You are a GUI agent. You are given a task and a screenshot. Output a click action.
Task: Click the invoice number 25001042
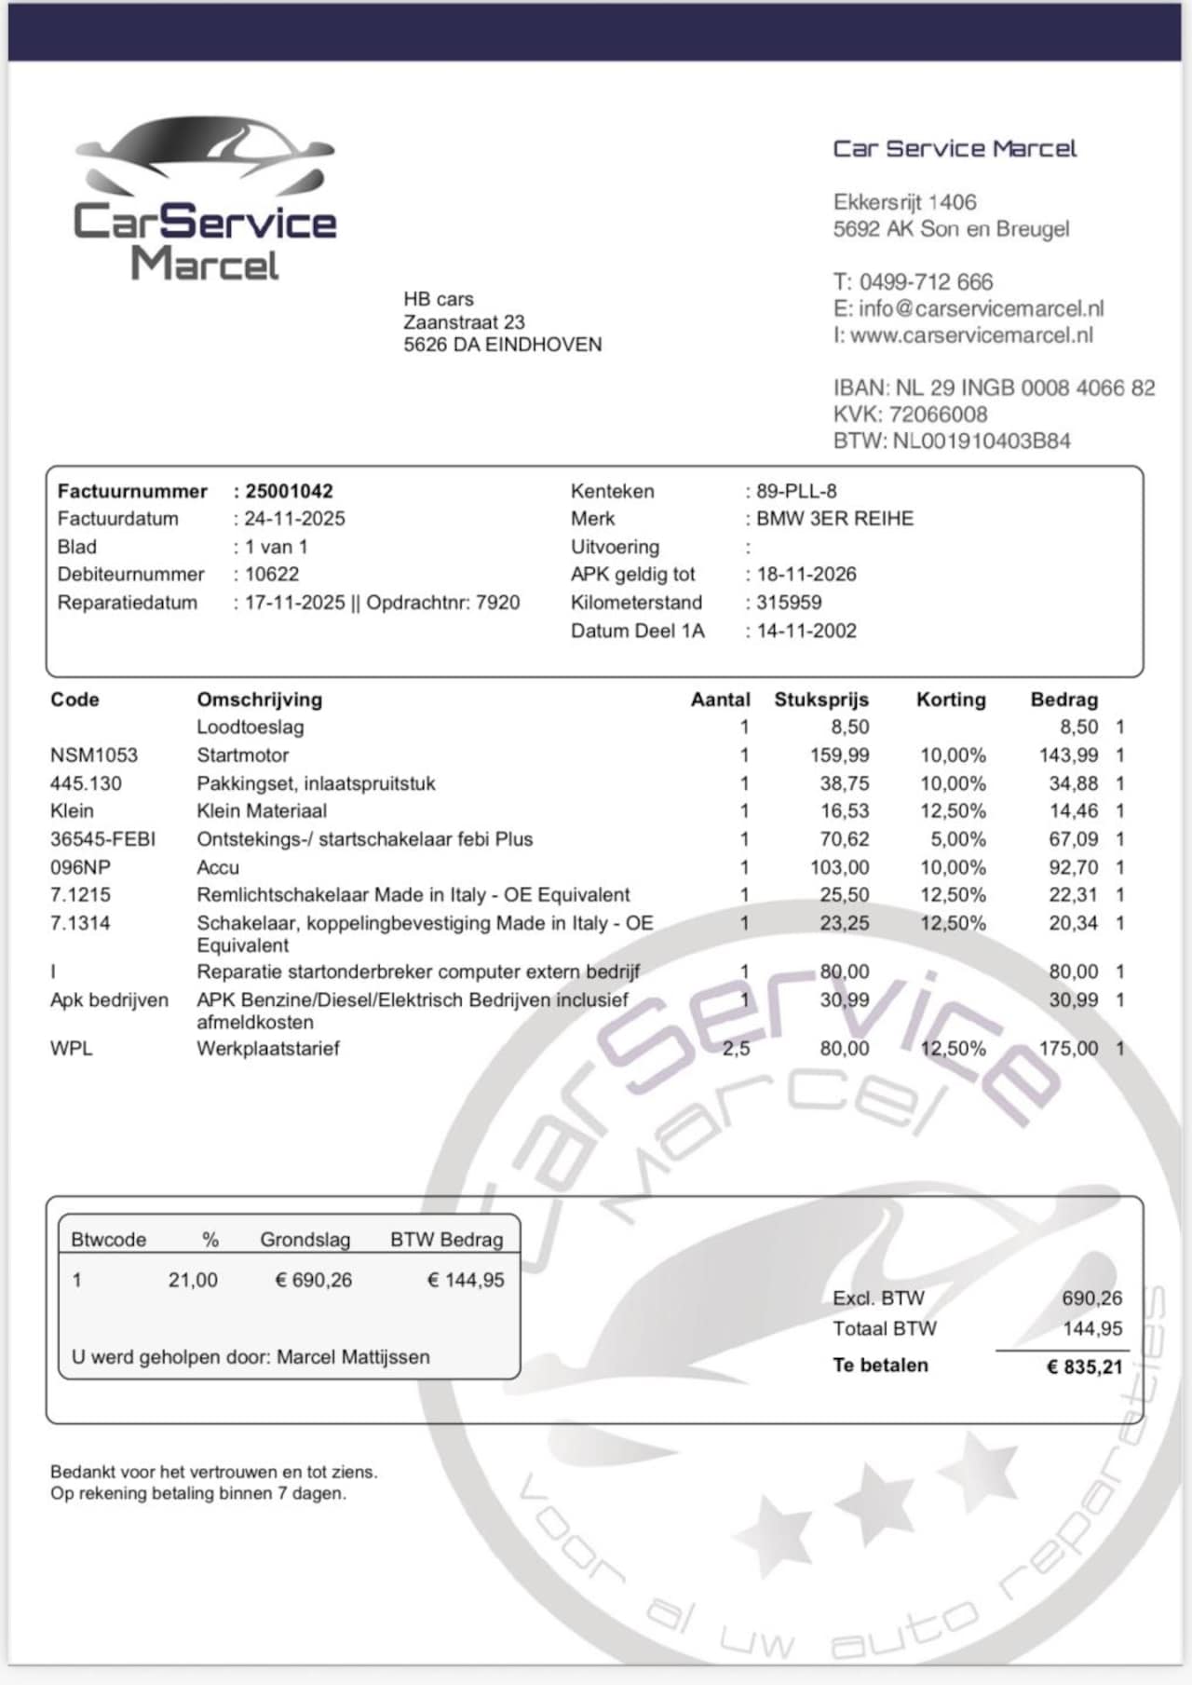tap(289, 491)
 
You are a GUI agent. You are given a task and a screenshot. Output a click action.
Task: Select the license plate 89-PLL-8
tap(796, 491)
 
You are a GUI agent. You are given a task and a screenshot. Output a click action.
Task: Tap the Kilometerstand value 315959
tap(789, 603)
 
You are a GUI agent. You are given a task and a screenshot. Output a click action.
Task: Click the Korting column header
tap(951, 700)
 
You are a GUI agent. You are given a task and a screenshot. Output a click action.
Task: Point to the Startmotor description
tap(243, 755)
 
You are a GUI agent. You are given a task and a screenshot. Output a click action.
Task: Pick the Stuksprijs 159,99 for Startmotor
tap(839, 755)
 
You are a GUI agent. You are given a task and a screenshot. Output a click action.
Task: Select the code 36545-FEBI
tap(102, 839)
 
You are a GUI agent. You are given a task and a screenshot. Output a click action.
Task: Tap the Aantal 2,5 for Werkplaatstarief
tap(736, 1049)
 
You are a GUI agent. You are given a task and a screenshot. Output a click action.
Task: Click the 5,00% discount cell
tap(958, 839)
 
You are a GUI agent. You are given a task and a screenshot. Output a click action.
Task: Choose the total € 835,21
tap(1084, 1367)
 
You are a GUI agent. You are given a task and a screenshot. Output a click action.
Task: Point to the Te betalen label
tap(880, 1366)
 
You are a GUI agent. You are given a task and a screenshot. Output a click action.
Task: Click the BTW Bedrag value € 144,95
tap(466, 1281)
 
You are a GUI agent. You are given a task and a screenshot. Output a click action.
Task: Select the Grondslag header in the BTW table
tap(305, 1240)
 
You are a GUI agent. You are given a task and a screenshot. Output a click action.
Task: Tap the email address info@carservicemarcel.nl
tap(981, 308)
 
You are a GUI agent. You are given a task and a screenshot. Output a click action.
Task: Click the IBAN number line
tap(994, 387)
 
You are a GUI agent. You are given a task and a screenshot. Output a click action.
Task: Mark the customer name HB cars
tap(439, 299)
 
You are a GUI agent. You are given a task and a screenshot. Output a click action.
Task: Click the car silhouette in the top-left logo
tap(205, 154)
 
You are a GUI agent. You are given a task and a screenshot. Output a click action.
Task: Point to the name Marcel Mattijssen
tap(353, 1357)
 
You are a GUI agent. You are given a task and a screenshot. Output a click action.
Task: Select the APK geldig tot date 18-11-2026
tap(806, 575)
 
